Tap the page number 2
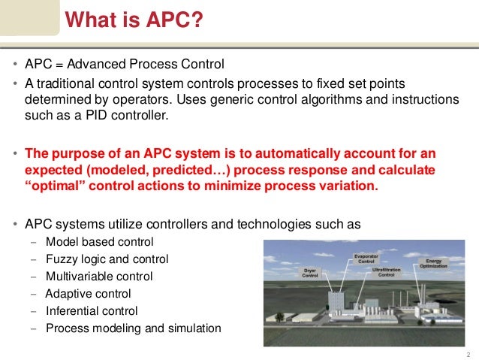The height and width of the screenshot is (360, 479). [x=467, y=353]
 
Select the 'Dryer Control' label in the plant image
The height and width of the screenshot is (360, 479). [x=311, y=272]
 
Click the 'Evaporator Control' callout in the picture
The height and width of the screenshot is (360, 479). [x=366, y=258]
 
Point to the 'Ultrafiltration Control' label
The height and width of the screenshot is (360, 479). [x=386, y=272]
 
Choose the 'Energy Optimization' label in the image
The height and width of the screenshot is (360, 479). [x=438, y=263]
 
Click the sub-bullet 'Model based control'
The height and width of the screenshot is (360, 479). [x=99, y=241]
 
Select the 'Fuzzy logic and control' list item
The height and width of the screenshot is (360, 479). [x=107, y=259]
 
